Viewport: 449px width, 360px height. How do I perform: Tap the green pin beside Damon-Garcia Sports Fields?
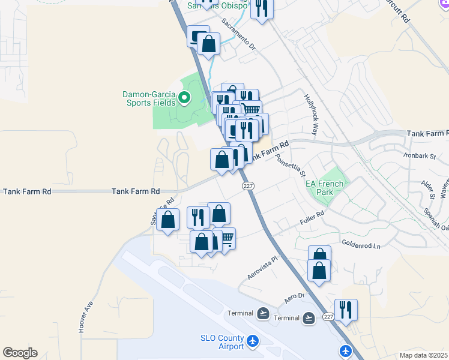[185, 98]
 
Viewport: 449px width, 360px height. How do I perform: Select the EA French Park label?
[325, 188]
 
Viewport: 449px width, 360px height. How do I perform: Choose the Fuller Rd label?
[312, 218]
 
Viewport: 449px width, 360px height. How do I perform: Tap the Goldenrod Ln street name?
[361, 245]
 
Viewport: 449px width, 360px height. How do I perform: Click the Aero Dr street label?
[295, 296]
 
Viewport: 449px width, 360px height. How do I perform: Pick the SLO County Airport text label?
[222, 342]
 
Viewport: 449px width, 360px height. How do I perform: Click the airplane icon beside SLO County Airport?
[253, 341]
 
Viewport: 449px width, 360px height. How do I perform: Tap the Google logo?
[20, 353]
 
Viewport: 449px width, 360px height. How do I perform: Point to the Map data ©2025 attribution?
[423, 355]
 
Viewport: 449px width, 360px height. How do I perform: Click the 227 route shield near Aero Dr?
[328, 316]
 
